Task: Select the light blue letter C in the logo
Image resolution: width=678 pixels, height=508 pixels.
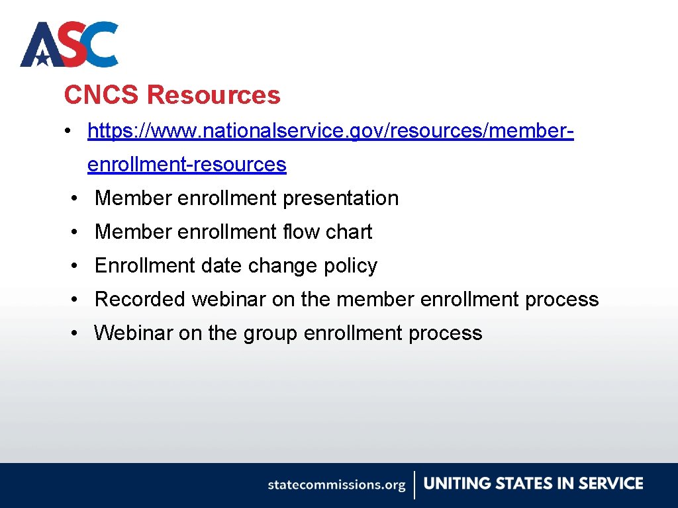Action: tap(101, 44)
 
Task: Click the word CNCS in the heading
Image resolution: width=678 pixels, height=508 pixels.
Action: tap(101, 95)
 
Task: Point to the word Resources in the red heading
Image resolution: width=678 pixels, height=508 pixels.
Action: tap(213, 95)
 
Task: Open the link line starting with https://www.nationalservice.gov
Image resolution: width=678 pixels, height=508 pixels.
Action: tap(330, 131)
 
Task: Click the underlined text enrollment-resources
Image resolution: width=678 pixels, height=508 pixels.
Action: tap(187, 164)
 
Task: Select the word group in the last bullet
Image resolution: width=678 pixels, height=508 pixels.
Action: tap(270, 333)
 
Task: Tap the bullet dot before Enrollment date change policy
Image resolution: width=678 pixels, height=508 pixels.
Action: tap(77, 266)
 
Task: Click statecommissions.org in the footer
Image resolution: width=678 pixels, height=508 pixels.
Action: tap(336, 485)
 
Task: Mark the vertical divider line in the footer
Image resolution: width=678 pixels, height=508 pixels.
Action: tap(415, 485)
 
